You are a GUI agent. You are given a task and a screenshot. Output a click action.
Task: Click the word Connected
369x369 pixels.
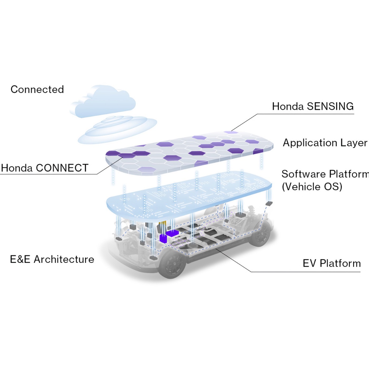37,89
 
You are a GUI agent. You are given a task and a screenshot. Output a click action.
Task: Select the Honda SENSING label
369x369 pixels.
313,106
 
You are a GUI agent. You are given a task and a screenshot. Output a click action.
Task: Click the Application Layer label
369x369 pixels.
325,143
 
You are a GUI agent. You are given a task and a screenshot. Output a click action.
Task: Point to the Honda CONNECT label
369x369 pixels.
45,168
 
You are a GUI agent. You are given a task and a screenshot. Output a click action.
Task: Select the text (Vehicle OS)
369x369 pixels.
312,187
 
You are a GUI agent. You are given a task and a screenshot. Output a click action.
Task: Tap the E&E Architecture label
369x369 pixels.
52,259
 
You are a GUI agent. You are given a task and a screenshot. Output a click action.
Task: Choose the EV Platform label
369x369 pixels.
332,263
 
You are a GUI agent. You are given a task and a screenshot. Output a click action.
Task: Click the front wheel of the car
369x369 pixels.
171,264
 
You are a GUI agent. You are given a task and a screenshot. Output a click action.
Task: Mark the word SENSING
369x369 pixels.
330,106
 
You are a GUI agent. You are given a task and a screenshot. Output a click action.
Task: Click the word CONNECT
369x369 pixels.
62,168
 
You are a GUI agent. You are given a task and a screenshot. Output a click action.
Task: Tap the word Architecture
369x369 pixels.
64,259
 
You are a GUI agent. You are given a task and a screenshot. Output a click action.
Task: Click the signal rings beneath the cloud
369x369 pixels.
117,130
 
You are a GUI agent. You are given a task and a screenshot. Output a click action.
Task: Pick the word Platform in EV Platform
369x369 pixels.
340,263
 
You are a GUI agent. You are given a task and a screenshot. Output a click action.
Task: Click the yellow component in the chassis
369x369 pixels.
163,223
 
